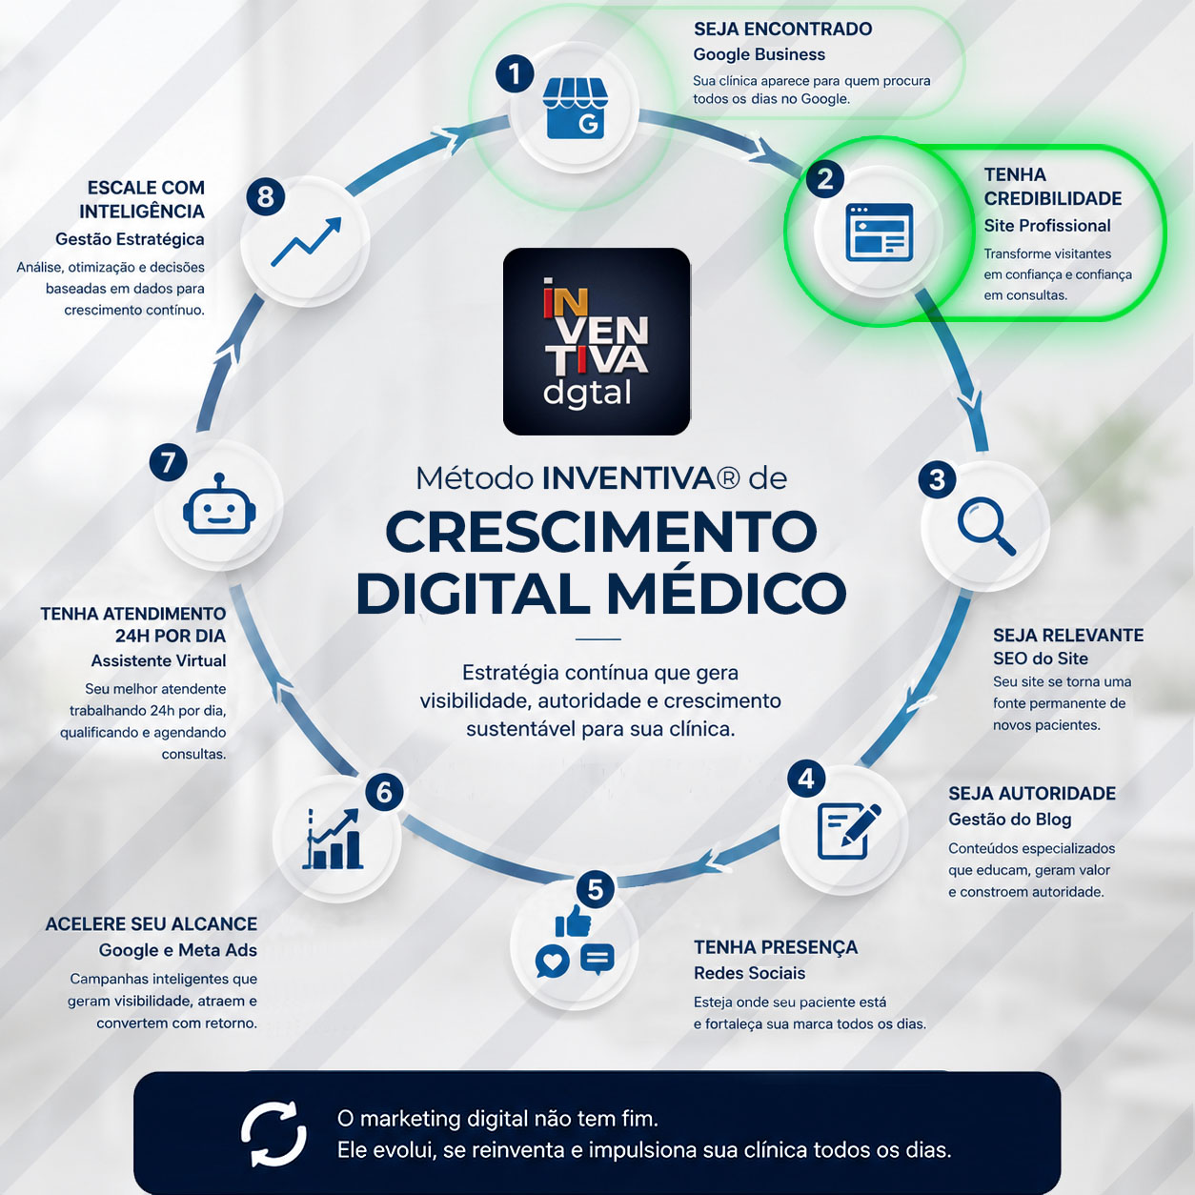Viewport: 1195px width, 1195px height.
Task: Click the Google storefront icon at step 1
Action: pos(575,109)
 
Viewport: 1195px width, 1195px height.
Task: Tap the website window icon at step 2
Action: pos(879,232)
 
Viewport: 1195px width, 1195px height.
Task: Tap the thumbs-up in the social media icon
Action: pos(573,922)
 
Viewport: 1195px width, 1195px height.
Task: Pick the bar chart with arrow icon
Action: pos(333,839)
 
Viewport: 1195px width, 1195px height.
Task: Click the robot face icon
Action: pos(219,504)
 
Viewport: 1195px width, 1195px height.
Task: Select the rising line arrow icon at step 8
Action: pos(306,242)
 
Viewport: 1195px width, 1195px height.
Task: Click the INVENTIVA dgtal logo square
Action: pos(596,341)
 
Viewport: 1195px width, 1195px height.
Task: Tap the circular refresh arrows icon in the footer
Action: pos(273,1134)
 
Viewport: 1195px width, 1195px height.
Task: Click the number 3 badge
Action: pos(937,479)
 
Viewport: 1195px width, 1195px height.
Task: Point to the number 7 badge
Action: pos(168,462)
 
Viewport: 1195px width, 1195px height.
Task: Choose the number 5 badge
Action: pos(595,890)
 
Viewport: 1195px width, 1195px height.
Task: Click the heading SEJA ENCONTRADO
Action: pos(782,30)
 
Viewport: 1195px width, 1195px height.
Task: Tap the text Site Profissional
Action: pos(1046,226)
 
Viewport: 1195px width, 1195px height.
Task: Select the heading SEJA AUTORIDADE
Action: pos(1032,794)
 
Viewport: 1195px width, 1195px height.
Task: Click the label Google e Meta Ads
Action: pos(178,950)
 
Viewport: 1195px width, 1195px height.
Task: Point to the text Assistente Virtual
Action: pos(159,661)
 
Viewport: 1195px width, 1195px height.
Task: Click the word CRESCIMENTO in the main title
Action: pos(601,532)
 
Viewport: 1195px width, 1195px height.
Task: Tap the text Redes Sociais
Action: pos(749,973)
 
